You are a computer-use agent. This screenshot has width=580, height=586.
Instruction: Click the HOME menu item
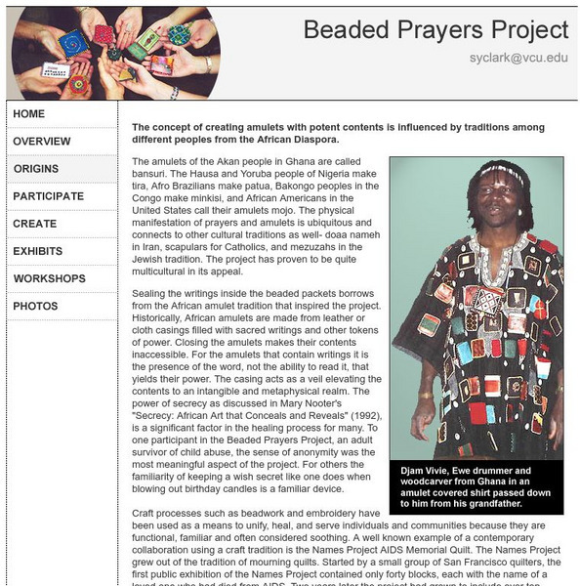point(29,114)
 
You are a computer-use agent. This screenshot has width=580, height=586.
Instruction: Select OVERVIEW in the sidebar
point(42,142)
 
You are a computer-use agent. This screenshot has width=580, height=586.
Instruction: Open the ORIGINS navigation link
point(36,169)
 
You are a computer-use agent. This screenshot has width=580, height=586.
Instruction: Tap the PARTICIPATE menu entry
point(49,196)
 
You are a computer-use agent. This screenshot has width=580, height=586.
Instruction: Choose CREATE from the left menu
point(35,224)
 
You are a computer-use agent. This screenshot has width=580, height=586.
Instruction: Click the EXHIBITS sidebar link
point(38,251)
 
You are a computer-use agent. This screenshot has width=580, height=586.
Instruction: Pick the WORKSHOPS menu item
point(50,278)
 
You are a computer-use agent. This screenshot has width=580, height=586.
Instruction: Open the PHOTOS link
point(35,306)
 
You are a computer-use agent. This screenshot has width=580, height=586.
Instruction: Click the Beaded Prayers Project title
point(435,29)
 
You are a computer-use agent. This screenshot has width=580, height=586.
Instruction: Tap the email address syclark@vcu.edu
point(518,59)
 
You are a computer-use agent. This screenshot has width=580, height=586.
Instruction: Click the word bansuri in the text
point(151,174)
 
